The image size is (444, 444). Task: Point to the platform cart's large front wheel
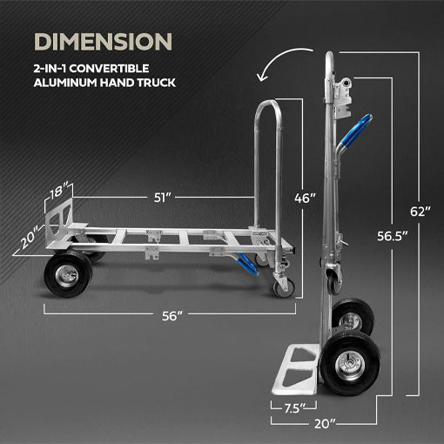pos(66,272)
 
